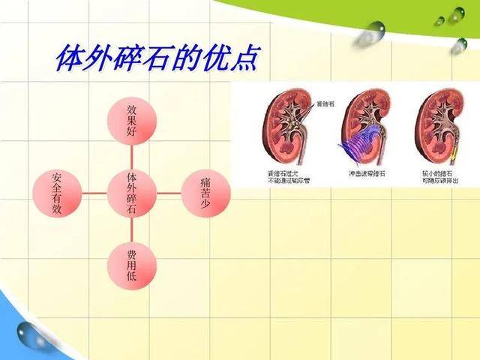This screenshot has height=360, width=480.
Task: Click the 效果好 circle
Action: pos(131,120)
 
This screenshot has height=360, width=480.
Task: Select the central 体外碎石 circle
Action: pos(131,193)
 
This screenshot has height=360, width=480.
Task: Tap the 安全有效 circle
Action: pos(57,193)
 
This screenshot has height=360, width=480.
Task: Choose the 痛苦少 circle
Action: pos(205,193)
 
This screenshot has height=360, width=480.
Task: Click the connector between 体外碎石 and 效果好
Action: pos(131,156)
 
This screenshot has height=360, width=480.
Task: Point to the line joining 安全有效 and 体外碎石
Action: pos(94,193)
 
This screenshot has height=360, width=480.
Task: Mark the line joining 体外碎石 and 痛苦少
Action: pos(169,193)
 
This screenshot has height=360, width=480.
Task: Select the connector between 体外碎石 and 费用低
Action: pos(131,229)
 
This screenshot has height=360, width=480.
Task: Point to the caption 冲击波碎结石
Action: pos(366,173)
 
